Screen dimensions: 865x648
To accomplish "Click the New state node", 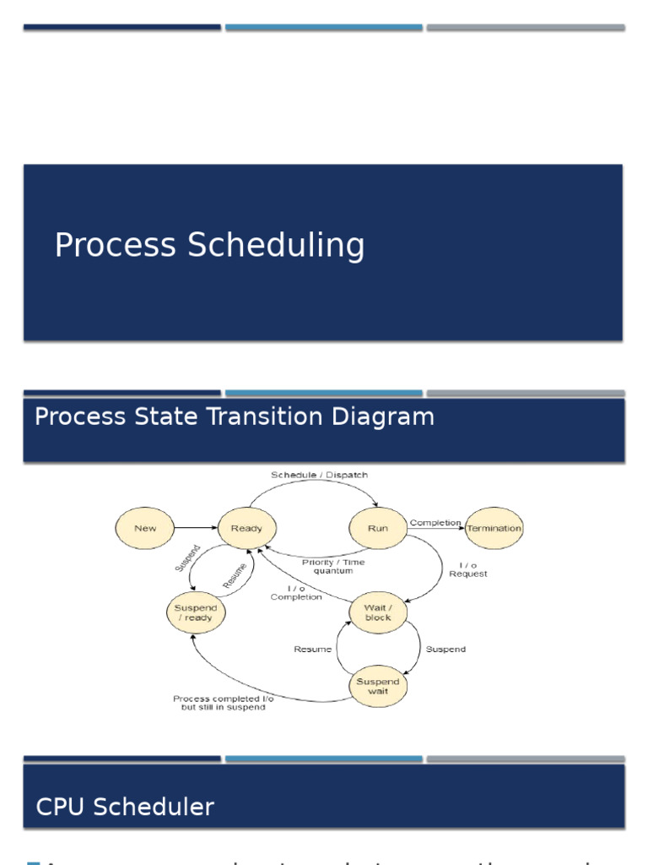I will (x=145, y=528).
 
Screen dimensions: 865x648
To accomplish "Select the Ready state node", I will (x=246, y=528).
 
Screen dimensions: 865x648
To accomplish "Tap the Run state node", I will (x=378, y=528).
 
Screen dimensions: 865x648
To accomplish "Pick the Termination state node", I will (x=494, y=528).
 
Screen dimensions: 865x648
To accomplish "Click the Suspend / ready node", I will (x=195, y=612).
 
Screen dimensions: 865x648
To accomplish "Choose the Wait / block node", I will (x=378, y=612).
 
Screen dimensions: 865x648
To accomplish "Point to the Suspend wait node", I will (x=378, y=687).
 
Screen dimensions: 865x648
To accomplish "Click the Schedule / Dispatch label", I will (x=319, y=475).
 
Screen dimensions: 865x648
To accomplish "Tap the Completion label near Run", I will (x=435, y=523).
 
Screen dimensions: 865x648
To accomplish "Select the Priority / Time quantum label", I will (x=333, y=567).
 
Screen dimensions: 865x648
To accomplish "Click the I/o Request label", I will (x=467, y=569).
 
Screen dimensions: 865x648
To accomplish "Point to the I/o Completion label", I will (x=296, y=592).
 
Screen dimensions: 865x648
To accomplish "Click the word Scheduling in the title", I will (x=277, y=246).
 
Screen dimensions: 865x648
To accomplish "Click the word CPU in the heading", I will (x=62, y=807).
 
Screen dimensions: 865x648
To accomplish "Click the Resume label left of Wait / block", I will (x=312, y=649).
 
